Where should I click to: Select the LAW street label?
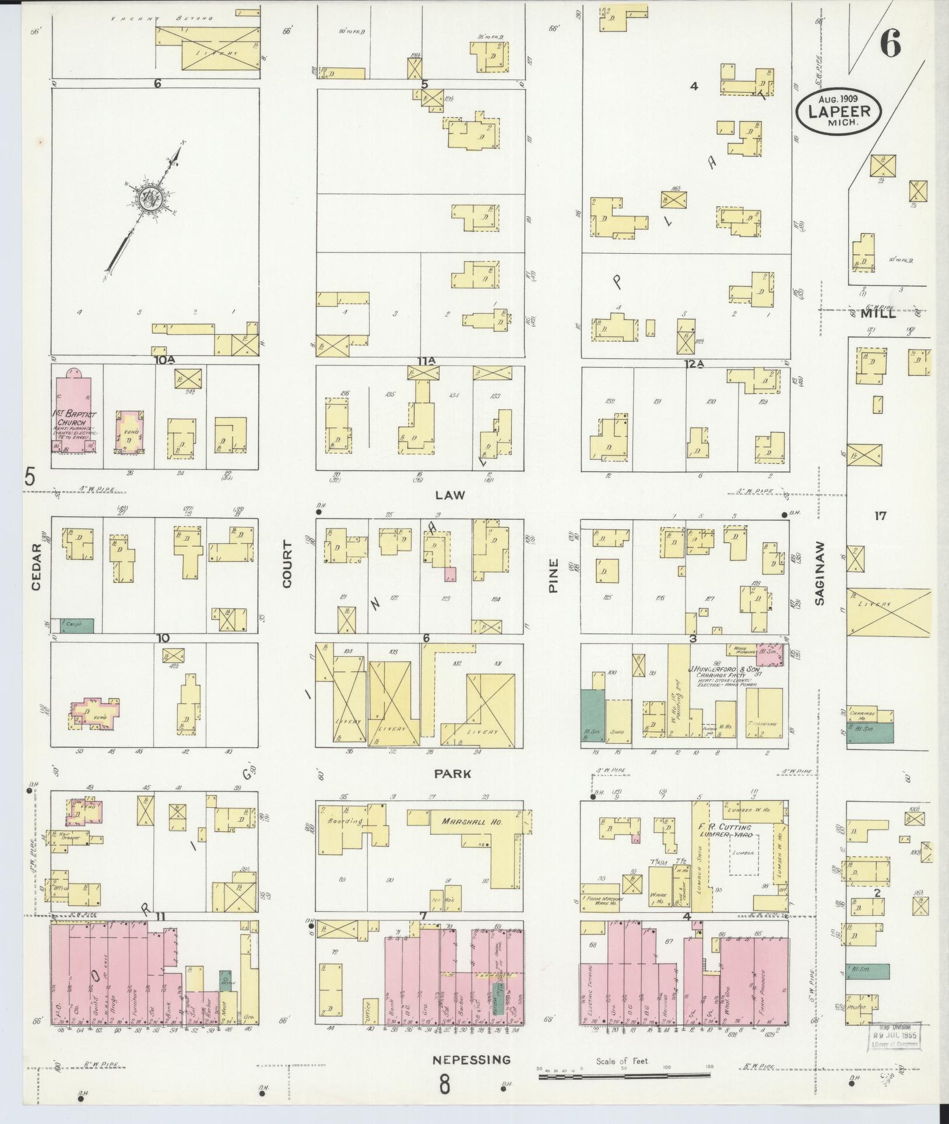point(450,495)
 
